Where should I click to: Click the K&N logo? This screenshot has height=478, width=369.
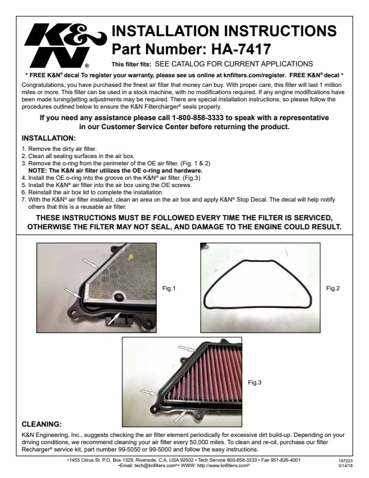[x=65, y=46]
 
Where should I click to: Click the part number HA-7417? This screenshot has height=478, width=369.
[x=241, y=49]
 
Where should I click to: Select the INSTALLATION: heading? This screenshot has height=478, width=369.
[x=49, y=138]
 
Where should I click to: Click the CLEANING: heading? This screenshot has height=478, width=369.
[x=42, y=424]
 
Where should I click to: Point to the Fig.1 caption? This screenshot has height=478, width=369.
[x=169, y=288]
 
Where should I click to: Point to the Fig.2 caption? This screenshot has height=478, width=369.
[x=333, y=288]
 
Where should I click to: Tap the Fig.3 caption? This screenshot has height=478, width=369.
[x=254, y=382]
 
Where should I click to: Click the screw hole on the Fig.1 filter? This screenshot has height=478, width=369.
[x=118, y=296]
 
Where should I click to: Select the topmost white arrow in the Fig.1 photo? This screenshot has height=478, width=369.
[x=90, y=263]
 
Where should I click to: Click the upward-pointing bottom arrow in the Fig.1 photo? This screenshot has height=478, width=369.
[x=115, y=318]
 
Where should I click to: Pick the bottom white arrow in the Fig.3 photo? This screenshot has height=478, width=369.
[x=180, y=416]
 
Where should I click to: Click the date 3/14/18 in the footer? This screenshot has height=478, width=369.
[x=345, y=466]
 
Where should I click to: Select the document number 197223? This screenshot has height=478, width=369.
[x=345, y=461]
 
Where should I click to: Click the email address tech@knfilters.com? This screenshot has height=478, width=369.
[x=156, y=465]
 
